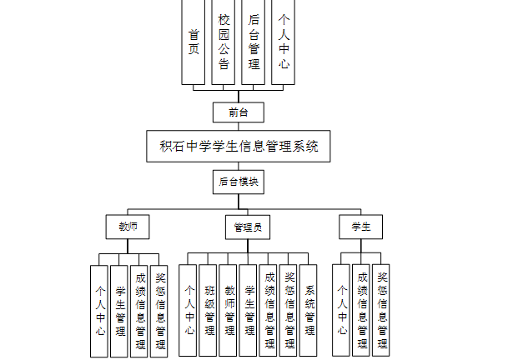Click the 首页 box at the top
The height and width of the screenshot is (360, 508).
click(194, 42)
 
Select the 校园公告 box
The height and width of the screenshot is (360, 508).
click(224, 42)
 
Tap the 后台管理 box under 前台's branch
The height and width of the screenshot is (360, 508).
click(254, 42)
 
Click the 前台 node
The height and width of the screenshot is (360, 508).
click(239, 112)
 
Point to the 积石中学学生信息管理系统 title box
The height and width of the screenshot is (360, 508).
click(239, 146)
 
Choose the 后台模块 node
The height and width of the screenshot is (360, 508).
click(239, 181)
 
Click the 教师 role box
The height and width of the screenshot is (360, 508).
click(128, 227)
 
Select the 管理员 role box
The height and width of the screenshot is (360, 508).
click(248, 227)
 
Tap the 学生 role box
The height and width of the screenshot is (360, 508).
click(360, 227)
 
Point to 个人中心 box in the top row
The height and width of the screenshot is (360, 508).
click(284, 42)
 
